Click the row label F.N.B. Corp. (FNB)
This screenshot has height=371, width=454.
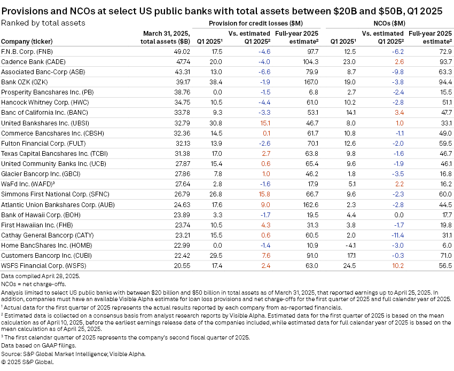[x=26, y=51]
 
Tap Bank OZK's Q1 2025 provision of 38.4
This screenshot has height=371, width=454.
[x=215, y=82]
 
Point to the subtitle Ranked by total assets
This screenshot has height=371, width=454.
[x=43, y=22]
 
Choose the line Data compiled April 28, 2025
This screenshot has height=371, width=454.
[x=41, y=276]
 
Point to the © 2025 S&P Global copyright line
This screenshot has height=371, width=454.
[x=27, y=361]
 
